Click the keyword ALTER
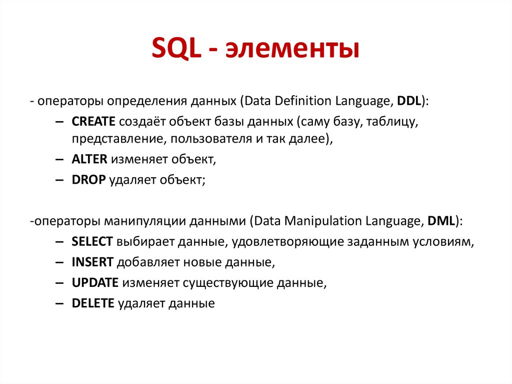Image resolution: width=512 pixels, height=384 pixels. (x=89, y=160)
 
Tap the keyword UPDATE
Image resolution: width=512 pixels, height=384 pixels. (x=95, y=282)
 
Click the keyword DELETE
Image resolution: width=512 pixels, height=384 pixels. (x=93, y=303)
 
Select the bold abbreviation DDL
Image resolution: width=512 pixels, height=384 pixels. (x=408, y=100)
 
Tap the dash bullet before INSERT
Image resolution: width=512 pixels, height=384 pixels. (x=59, y=262)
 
